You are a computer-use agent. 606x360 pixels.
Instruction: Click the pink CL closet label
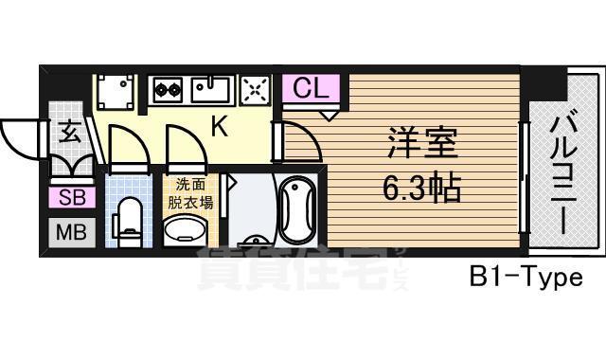[310, 88]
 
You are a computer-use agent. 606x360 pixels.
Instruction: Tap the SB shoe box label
[71, 198]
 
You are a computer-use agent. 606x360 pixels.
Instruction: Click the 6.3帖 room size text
[422, 188]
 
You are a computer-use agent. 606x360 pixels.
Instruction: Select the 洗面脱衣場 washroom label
[191, 192]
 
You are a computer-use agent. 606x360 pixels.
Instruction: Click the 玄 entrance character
[71, 133]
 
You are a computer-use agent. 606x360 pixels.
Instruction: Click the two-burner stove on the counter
[168, 91]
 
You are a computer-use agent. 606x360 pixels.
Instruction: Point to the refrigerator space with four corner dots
[117, 92]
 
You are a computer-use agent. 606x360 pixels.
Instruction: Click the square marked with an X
[255, 90]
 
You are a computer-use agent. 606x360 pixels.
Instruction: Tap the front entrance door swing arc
[19, 139]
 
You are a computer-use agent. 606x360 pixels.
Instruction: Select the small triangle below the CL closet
[328, 115]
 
